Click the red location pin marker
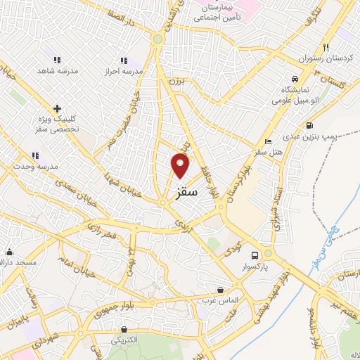181,166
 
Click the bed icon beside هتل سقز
267,141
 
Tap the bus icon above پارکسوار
256,255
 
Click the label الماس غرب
221,300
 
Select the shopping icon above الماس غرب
221,289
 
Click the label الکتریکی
124,340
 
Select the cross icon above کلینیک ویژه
57,108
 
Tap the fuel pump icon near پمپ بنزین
291,125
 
